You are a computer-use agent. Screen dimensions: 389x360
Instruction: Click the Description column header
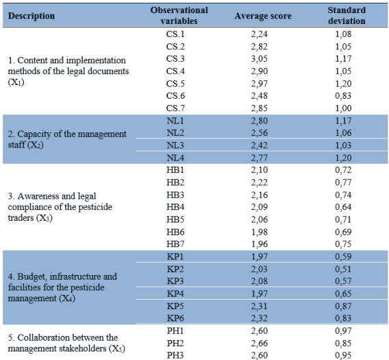click(x=32, y=16)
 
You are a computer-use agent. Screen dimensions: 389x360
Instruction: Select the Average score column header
click(x=263, y=16)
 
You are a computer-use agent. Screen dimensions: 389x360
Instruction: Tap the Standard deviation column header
click(x=347, y=15)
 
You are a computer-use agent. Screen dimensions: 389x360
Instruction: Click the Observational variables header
click(x=179, y=15)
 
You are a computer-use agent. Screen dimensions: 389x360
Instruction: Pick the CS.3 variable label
click(x=175, y=59)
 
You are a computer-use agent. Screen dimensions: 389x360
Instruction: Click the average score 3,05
click(x=260, y=59)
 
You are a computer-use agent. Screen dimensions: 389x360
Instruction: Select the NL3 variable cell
click(x=175, y=145)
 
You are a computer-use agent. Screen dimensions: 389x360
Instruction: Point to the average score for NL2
click(x=260, y=133)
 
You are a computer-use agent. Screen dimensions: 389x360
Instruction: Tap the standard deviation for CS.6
click(x=343, y=95)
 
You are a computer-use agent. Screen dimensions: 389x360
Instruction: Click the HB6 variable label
click(x=175, y=232)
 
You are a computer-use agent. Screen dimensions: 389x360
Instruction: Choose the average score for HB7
click(x=260, y=244)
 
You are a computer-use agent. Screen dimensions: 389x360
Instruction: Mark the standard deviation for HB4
click(x=343, y=207)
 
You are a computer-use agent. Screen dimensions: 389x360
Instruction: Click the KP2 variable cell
click(x=175, y=269)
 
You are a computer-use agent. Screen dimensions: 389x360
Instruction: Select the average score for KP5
click(x=260, y=306)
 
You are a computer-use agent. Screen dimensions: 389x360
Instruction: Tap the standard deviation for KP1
click(x=343, y=256)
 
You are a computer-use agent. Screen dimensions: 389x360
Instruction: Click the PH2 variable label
click(x=175, y=343)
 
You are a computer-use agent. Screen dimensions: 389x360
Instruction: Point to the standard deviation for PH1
click(x=343, y=331)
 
